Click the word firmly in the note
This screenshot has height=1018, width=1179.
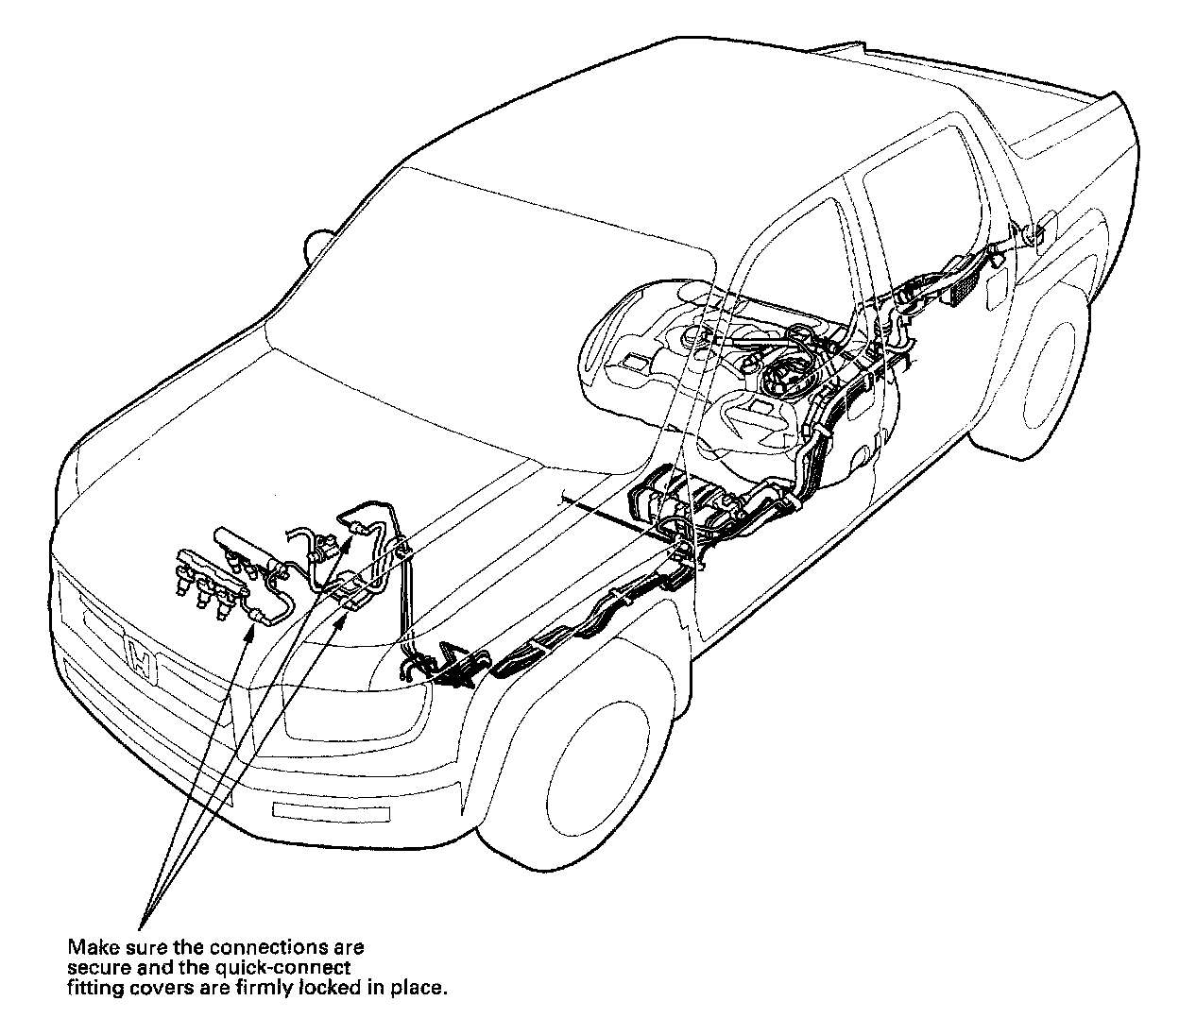[265, 989]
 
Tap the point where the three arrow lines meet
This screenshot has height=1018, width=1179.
[141, 931]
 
